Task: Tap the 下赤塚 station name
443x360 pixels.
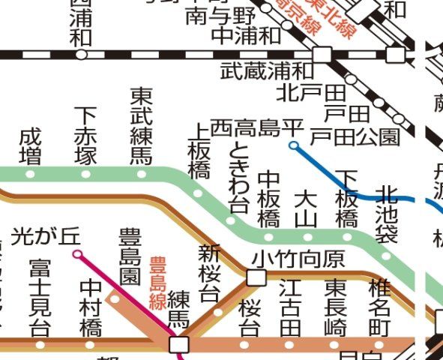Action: (86, 136)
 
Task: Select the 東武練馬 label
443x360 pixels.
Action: (141, 126)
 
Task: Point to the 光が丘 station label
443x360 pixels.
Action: (46, 236)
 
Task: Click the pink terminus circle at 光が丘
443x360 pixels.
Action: (77, 255)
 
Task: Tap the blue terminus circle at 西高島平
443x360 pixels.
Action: (294, 145)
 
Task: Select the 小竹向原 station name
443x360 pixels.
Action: (298, 259)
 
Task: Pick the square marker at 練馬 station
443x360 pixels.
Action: (179, 344)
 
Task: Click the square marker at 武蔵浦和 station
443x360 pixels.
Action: (322, 54)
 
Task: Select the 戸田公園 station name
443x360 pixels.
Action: (355, 136)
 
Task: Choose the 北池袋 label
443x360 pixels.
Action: (386, 214)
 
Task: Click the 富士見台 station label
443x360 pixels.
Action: (40, 298)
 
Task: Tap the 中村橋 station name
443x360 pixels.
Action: (91, 307)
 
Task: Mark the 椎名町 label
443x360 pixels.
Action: (380, 307)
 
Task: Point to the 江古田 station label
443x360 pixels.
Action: (290, 307)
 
